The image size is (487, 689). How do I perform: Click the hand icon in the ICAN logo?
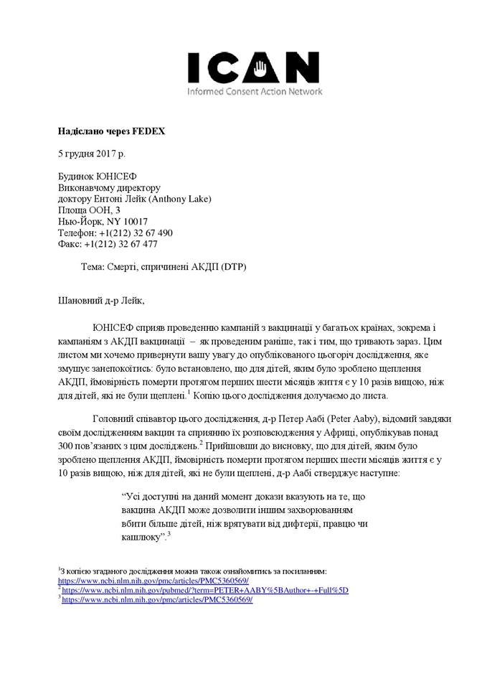[x=263, y=68]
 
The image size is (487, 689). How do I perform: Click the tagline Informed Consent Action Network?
[x=255, y=92]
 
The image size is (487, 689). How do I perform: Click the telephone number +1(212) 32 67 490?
[x=136, y=233]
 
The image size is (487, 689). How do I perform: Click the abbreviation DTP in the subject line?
[x=234, y=267]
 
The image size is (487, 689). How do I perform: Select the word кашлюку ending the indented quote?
[x=141, y=538]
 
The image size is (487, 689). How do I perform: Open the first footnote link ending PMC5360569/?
[x=153, y=581]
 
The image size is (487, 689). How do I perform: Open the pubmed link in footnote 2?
[x=204, y=590]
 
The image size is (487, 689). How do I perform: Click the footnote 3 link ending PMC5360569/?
[x=157, y=599]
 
